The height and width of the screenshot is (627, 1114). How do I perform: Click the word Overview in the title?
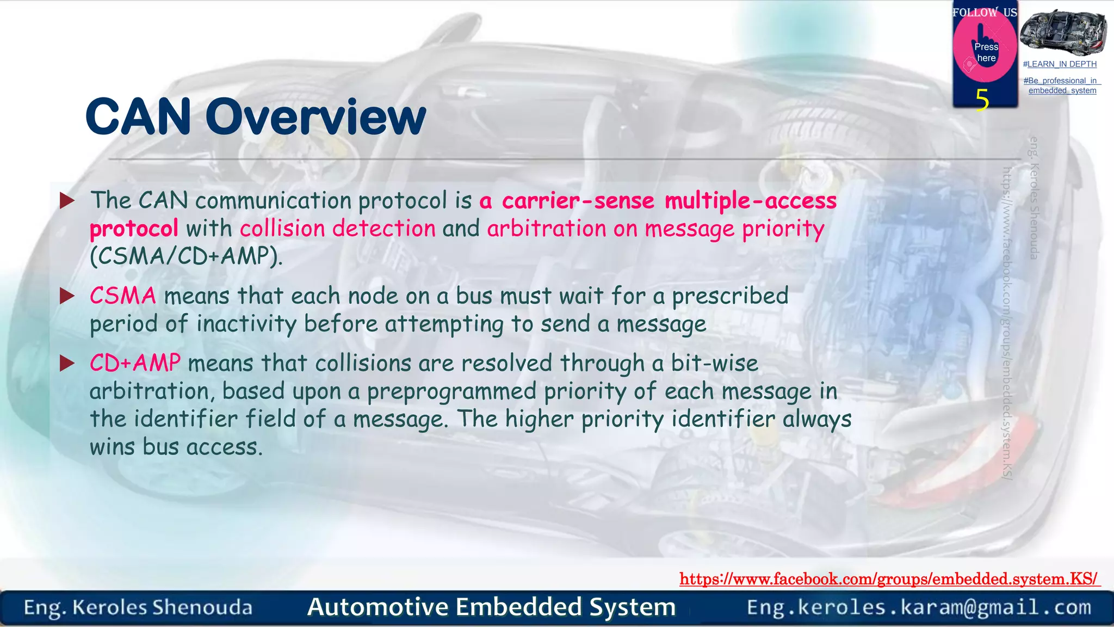[x=315, y=117]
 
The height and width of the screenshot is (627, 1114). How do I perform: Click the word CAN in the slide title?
[x=138, y=117]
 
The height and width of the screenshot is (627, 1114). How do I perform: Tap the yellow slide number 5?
[x=982, y=100]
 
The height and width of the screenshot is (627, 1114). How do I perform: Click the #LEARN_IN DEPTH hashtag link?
[x=1060, y=64]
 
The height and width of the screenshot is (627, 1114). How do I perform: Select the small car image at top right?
[x=1062, y=33]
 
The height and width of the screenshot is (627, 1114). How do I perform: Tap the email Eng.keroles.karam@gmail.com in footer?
[x=919, y=607]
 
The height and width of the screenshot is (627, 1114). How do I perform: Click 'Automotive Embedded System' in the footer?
[x=491, y=607]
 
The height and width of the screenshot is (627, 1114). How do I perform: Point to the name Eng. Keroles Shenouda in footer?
[x=138, y=607]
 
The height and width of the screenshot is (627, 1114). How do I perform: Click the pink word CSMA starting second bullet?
[x=123, y=296]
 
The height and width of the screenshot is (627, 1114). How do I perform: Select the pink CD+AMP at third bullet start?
[x=135, y=363]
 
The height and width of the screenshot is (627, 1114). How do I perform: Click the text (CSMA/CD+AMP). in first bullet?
[x=186, y=256]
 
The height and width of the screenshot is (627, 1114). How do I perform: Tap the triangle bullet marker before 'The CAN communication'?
[x=67, y=201]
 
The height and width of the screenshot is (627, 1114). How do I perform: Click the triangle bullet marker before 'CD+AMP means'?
[x=67, y=363]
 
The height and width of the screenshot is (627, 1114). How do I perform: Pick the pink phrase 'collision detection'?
[x=338, y=229]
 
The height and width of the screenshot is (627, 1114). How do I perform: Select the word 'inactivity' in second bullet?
[x=246, y=324]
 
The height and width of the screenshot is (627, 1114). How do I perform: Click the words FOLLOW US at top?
[x=985, y=13]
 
